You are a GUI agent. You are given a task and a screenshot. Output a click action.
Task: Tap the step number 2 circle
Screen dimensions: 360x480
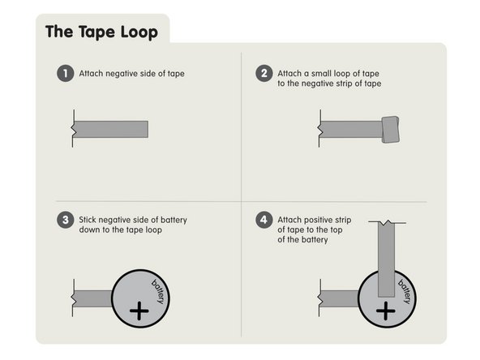point(264,74)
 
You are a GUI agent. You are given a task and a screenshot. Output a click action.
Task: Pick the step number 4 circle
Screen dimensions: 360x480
point(264,220)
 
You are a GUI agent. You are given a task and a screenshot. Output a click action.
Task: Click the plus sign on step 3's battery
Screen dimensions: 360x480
point(139,310)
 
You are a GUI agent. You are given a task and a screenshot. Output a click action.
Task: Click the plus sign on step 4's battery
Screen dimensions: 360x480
point(384,309)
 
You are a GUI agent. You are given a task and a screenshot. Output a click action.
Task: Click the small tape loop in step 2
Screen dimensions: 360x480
point(390,130)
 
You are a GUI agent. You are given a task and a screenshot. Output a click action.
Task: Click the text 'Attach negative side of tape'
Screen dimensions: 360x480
point(131,74)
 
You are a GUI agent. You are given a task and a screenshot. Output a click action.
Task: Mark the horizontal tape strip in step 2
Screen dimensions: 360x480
point(350,130)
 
